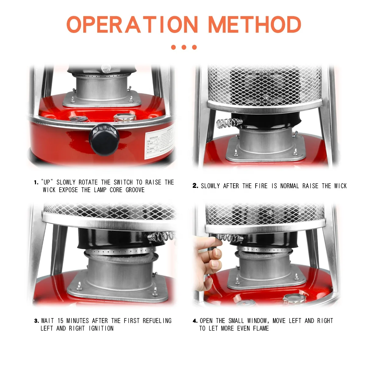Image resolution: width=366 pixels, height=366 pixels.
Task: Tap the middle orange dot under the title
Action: tap(184, 47)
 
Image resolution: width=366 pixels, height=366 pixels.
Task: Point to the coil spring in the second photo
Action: tap(229, 123)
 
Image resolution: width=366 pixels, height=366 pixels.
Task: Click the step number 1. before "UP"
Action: tap(36, 183)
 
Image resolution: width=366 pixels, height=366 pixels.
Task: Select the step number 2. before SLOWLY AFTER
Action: tap(195, 186)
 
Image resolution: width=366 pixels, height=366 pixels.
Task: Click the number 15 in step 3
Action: tap(60, 321)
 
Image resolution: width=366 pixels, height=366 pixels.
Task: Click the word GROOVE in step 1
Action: tap(135, 190)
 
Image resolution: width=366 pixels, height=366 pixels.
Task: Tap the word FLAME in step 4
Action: tap(261, 328)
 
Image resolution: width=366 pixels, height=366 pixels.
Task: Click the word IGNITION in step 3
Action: tap(101, 328)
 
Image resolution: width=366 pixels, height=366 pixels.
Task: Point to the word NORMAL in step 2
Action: tap(290, 186)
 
